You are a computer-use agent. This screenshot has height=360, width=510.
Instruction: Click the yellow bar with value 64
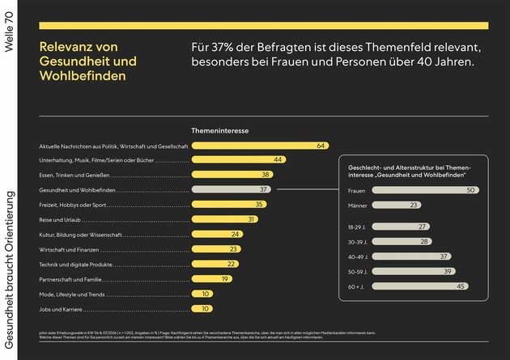(259, 146)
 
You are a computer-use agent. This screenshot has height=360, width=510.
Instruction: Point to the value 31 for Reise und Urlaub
(252, 219)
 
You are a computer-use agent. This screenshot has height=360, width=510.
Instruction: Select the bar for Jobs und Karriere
(202, 308)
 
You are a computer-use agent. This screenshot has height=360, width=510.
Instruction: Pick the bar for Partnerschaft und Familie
(212, 279)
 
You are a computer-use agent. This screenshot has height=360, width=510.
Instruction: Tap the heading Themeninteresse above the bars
(219, 130)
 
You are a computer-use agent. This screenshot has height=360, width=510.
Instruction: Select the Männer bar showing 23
(397, 205)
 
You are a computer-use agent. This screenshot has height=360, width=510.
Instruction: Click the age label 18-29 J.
(358, 227)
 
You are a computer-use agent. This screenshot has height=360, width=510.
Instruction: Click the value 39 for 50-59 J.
(448, 271)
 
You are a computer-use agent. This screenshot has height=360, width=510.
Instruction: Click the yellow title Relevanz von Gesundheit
(88, 61)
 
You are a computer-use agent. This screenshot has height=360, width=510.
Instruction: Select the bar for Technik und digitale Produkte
(215, 264)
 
